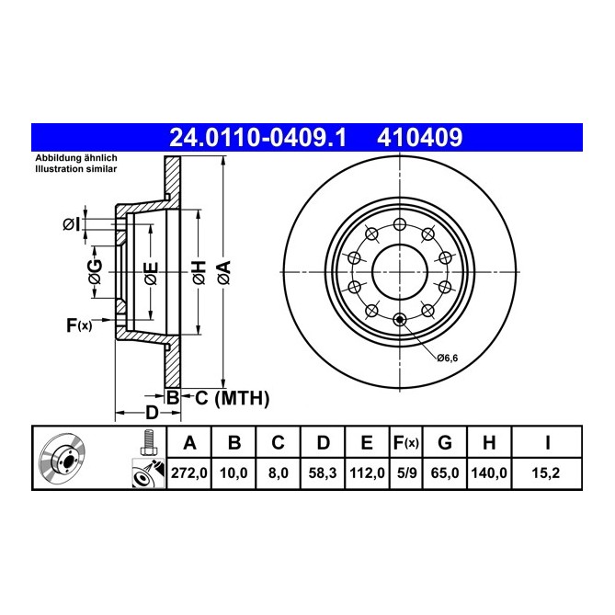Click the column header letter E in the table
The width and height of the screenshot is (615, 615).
(x=366, y=443)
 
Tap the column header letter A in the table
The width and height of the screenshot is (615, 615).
(x=190, y=443)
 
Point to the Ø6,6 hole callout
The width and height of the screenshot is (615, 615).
(x=447, y=357)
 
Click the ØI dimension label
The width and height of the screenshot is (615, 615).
(x=73, y=224)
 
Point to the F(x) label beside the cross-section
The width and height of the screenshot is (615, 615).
(x=79, y=325)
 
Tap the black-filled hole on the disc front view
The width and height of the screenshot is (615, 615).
(x=399, y=320)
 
